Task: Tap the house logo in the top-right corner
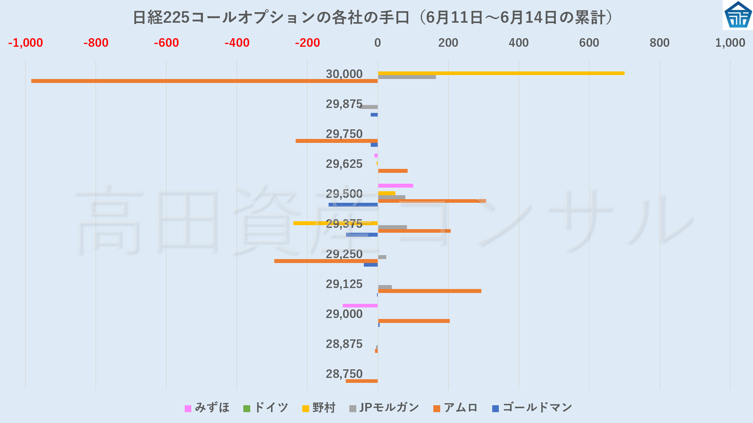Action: click(738, 15)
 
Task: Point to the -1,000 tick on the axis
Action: click(25, 43)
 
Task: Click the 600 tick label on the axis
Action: click(589, 43)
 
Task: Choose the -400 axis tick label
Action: click(237, 43)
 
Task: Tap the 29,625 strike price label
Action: click(344, 164)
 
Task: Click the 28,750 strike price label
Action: click(344, 374)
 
